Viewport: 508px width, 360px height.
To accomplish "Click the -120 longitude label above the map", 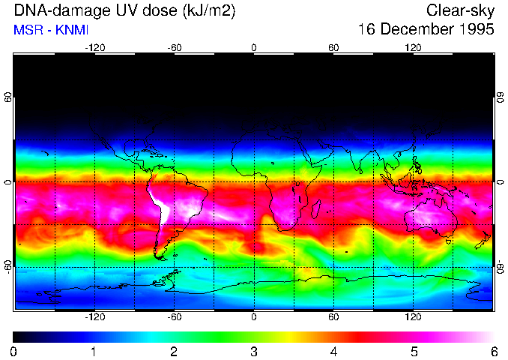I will click(x=94, y=47).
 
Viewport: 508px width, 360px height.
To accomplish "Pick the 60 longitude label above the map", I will click(x=333, y=47).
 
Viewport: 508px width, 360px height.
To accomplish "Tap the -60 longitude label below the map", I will click(x=174, y=316).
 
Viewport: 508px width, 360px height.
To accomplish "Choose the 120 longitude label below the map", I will click(x=413, y=316).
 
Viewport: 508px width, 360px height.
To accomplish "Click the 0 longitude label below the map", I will click(x=254, y=316).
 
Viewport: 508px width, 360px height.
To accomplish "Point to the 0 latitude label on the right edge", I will click(x=501, y=182).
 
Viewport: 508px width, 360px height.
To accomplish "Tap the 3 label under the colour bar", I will click(x=254, y=351).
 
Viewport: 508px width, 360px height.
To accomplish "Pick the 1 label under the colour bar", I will click(x=94, y=351).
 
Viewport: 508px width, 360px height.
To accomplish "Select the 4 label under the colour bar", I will click(x=333, y=351).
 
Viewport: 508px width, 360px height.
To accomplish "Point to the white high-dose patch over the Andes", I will click(x=160, y=204).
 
